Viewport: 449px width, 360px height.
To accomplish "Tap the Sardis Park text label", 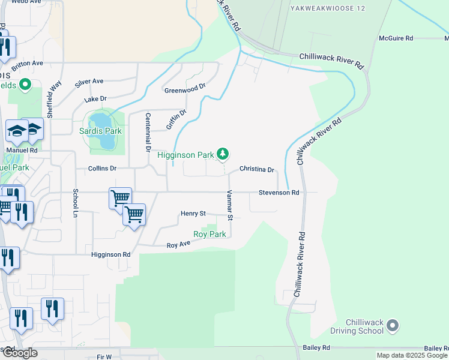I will (x=101, y=131).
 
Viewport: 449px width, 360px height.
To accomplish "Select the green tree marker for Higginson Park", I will (x=223, y=155).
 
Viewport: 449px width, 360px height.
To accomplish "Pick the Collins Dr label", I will (x=101, y=169).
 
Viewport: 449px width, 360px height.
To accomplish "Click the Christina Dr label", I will (x=256, y=169).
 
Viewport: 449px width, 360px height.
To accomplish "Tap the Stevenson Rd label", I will (x=279, y=193).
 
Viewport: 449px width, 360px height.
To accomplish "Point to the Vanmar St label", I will (x=229, y=205).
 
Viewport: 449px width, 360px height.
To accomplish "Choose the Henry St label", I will (x=193, y=214).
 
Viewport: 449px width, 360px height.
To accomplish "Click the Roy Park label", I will (x=209, y=234).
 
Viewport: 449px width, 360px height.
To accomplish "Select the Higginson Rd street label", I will (x=110, y=254).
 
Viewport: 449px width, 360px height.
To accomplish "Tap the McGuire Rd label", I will (x=396, y=38).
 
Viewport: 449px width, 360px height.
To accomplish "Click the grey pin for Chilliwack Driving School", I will (x=393, y=326).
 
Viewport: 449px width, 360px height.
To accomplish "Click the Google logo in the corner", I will (x=19, y=353).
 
